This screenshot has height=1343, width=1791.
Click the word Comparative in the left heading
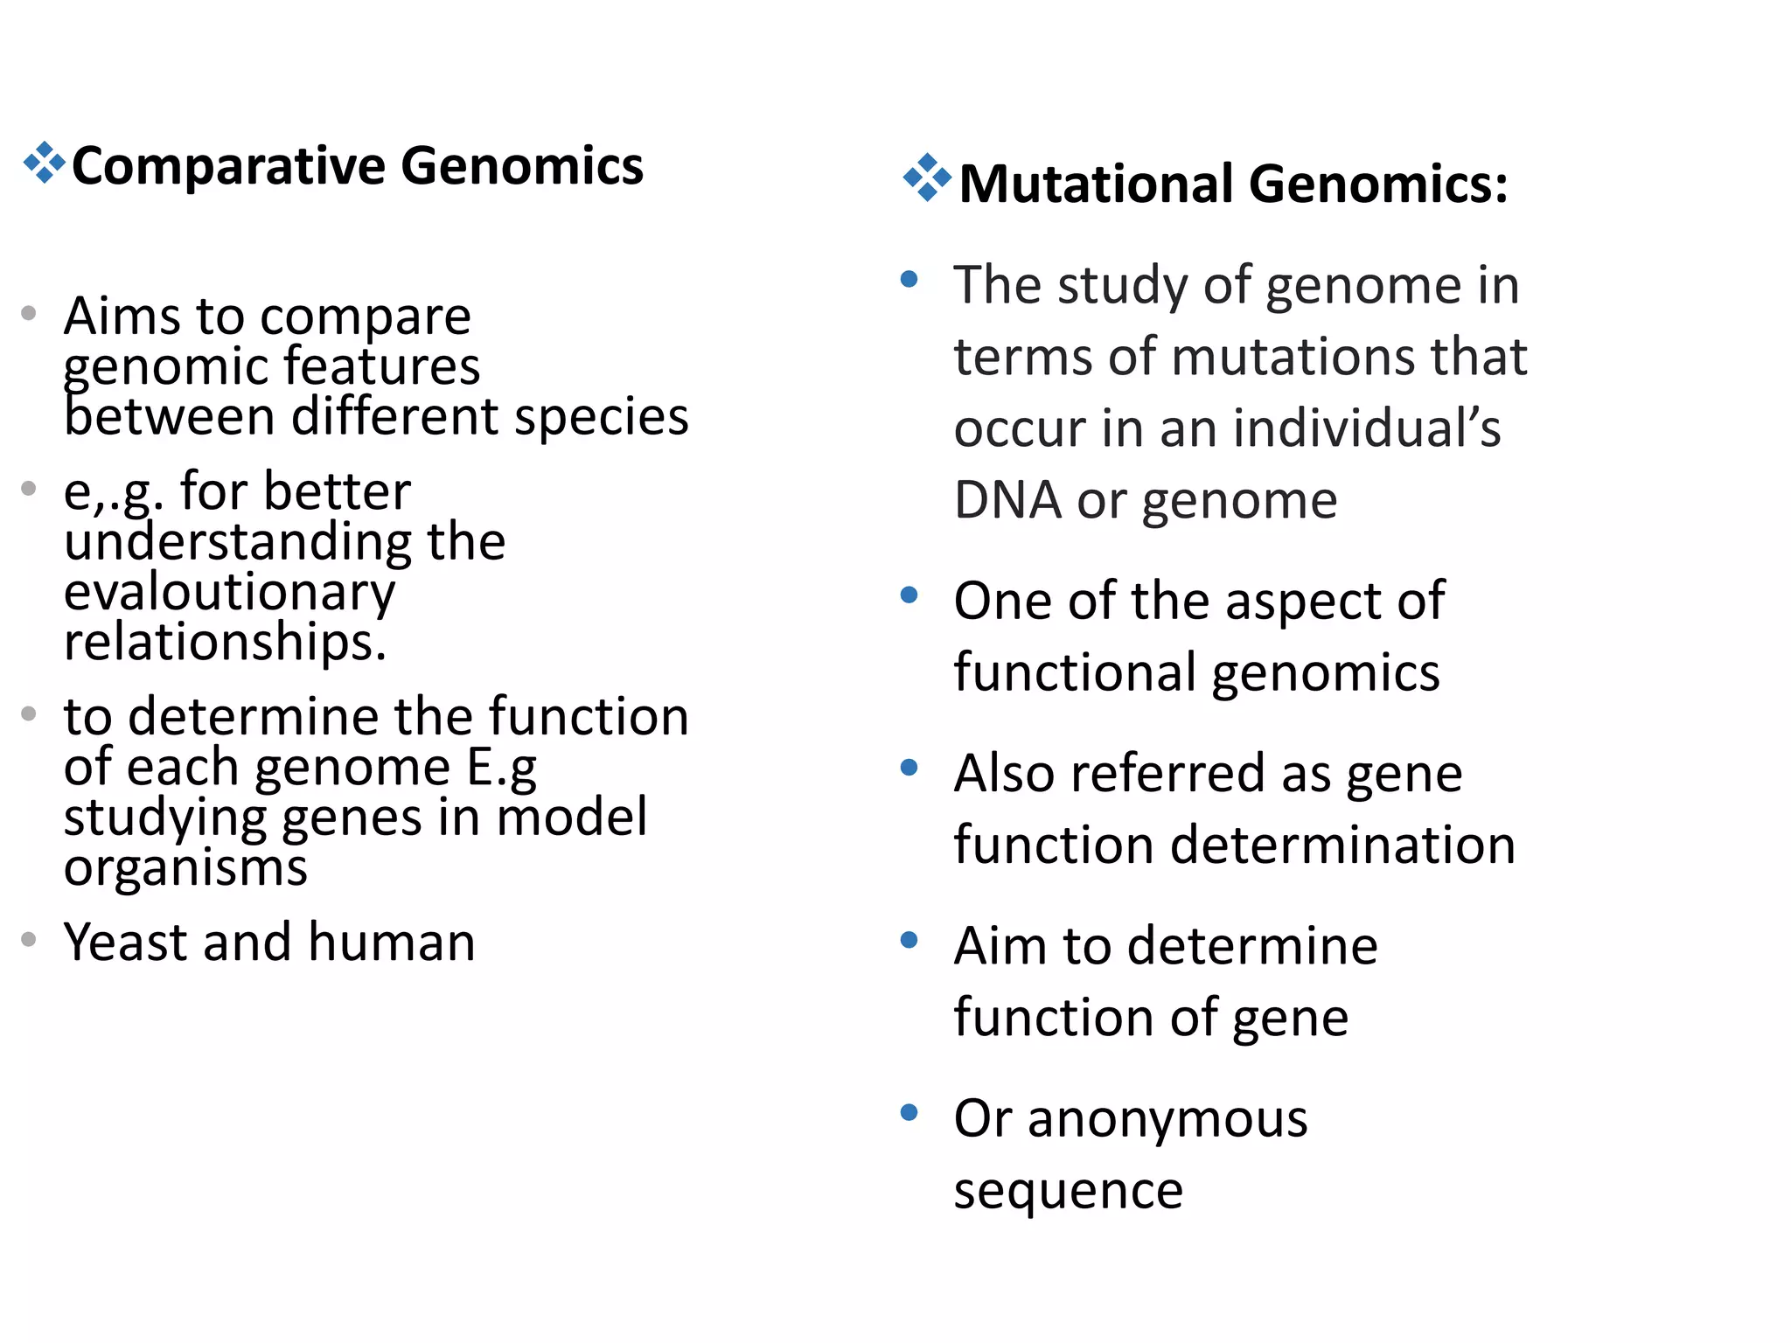(228, 166)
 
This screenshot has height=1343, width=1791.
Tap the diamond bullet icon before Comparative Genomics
(44, 164)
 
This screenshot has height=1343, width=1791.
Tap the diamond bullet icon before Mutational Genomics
(927, 177)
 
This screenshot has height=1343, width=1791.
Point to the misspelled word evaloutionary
(229, 592)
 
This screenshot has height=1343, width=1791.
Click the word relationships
(225, 642)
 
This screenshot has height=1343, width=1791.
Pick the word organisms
(185, 868)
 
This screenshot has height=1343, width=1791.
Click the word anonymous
(1167, 1118)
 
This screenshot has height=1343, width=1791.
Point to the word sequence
(1068, 1191)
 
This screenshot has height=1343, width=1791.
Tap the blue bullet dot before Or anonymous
(909, 1113)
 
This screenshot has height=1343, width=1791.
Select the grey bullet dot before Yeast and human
(29, 940)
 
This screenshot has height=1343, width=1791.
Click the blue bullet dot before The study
(909, 280)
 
